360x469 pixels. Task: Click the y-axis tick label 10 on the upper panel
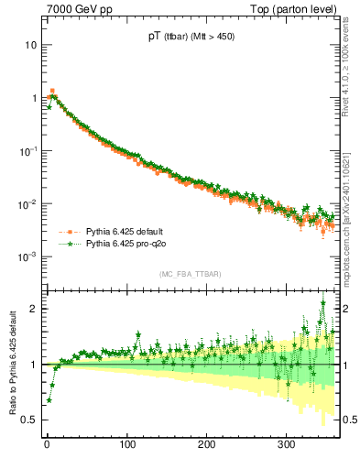point(29,45)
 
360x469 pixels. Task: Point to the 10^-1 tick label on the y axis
point(27,150)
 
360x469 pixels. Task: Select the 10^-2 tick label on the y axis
point(27,203)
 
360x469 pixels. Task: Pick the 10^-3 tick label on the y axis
point(27,256)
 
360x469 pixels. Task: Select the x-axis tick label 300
point(286,444)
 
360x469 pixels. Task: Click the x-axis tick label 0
point(47,444)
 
